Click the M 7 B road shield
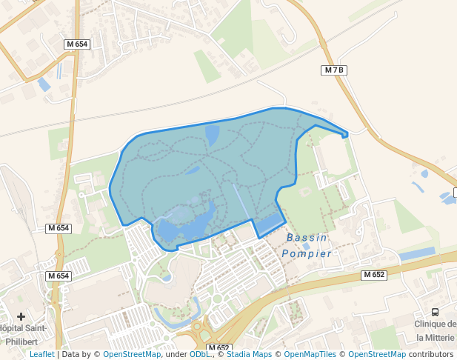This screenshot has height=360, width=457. click(x=335, y=70)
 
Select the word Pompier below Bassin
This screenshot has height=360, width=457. click(x=307, y=253)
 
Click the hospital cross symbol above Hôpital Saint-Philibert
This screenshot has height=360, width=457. click(x=21, y=316)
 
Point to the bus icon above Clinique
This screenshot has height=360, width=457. click(x=435, y=312)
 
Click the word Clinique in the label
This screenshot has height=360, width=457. click(x=433, y=324)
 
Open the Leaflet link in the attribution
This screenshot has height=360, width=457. click(x=41, y=354)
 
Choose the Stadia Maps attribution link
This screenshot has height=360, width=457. click(x=249, y=354)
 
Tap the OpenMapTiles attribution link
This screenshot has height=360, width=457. click(x=310, y=354)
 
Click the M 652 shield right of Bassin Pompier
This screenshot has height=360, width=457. click(x=374, y=275)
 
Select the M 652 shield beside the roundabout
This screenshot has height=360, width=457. click(x=219, y=347)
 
